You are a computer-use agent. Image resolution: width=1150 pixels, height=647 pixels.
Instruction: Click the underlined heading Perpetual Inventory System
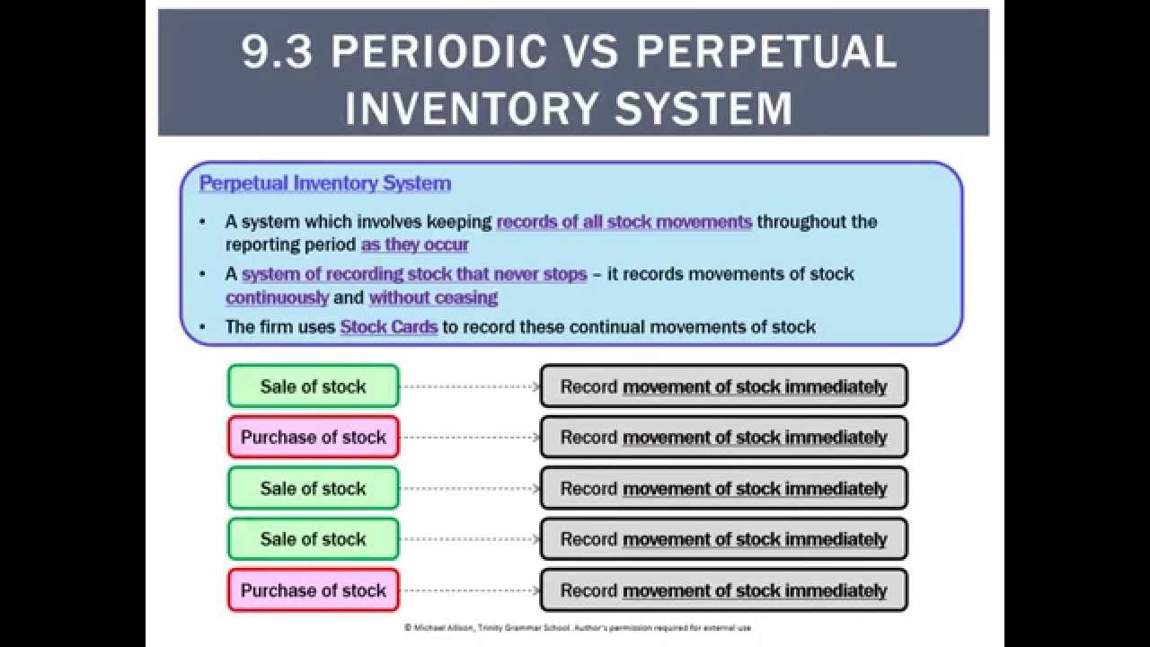coord(325,183)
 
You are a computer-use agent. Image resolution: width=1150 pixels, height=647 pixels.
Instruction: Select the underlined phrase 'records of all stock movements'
coord(624,222)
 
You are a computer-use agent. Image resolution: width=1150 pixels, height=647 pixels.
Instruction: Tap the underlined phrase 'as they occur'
coord(415,244)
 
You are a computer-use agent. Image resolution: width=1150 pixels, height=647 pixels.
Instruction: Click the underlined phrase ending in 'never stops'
coord(414,274)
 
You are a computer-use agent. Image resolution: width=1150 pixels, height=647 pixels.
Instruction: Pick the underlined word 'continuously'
coord(278,297)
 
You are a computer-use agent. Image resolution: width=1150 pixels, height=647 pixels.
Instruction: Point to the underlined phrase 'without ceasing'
coord(433,297)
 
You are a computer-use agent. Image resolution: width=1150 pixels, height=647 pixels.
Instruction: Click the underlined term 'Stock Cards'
coord(388,327)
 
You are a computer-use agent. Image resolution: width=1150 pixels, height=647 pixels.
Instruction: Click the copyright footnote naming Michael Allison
coord(577,628)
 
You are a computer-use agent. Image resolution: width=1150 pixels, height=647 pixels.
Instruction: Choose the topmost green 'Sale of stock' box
coord(313,386)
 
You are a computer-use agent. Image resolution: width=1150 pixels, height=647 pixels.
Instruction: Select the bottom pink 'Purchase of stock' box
coord(313,590)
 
